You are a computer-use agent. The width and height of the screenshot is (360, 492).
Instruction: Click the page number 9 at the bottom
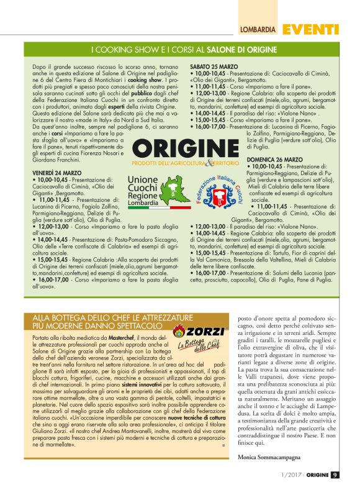point(334,475)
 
